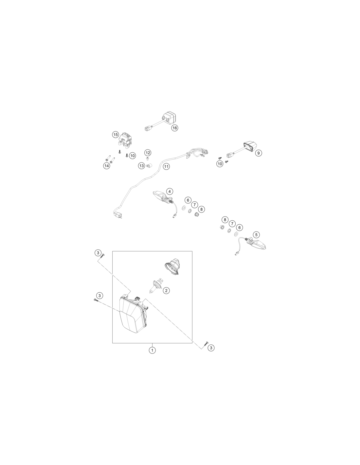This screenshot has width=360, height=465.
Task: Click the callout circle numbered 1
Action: click(x=152, y=350)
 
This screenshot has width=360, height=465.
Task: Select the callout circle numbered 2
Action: click(x=166, y=290)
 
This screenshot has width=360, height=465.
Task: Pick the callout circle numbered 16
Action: click(x=175, y=128)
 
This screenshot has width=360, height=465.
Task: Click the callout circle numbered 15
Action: click(x=116, y=135)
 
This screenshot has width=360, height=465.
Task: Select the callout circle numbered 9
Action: click(x=259, y=153)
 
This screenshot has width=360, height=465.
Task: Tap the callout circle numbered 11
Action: click(x=166, y=166)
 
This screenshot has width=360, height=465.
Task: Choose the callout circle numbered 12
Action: click(x=148, y=153)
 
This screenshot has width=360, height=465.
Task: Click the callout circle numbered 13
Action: click(x=142, y=166)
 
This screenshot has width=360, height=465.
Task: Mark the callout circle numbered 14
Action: click(x=107, y=166)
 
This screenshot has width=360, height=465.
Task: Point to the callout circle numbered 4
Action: click(x=170, y=191)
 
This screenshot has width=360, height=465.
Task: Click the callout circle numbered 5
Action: click(x=256, y=235)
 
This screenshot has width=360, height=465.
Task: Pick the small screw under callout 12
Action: click(x=147, y=159)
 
